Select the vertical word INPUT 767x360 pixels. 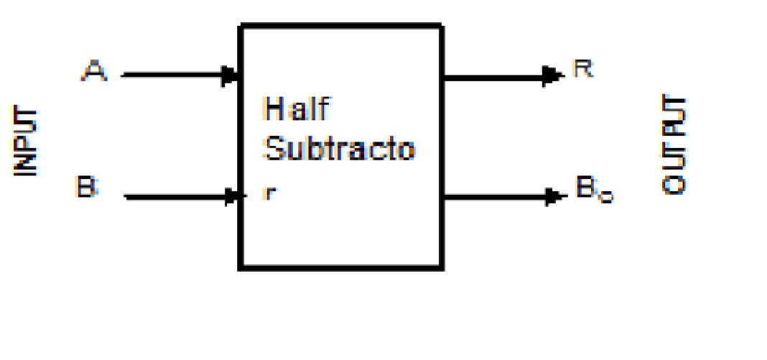[x=27, y=142]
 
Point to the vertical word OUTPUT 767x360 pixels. [x=674, y=144]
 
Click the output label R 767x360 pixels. [x=582, y=70]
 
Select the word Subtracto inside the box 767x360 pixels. [x=340, y=149]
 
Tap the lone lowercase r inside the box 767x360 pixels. [x=268, y=193]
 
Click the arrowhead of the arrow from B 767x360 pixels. [x=231, y=195]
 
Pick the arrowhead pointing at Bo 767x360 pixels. [x=554, y=195]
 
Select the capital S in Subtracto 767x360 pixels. [x=274, y=149]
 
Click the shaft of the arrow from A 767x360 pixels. [x=172, y=73]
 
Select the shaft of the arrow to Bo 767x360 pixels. [x=496, y=195]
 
